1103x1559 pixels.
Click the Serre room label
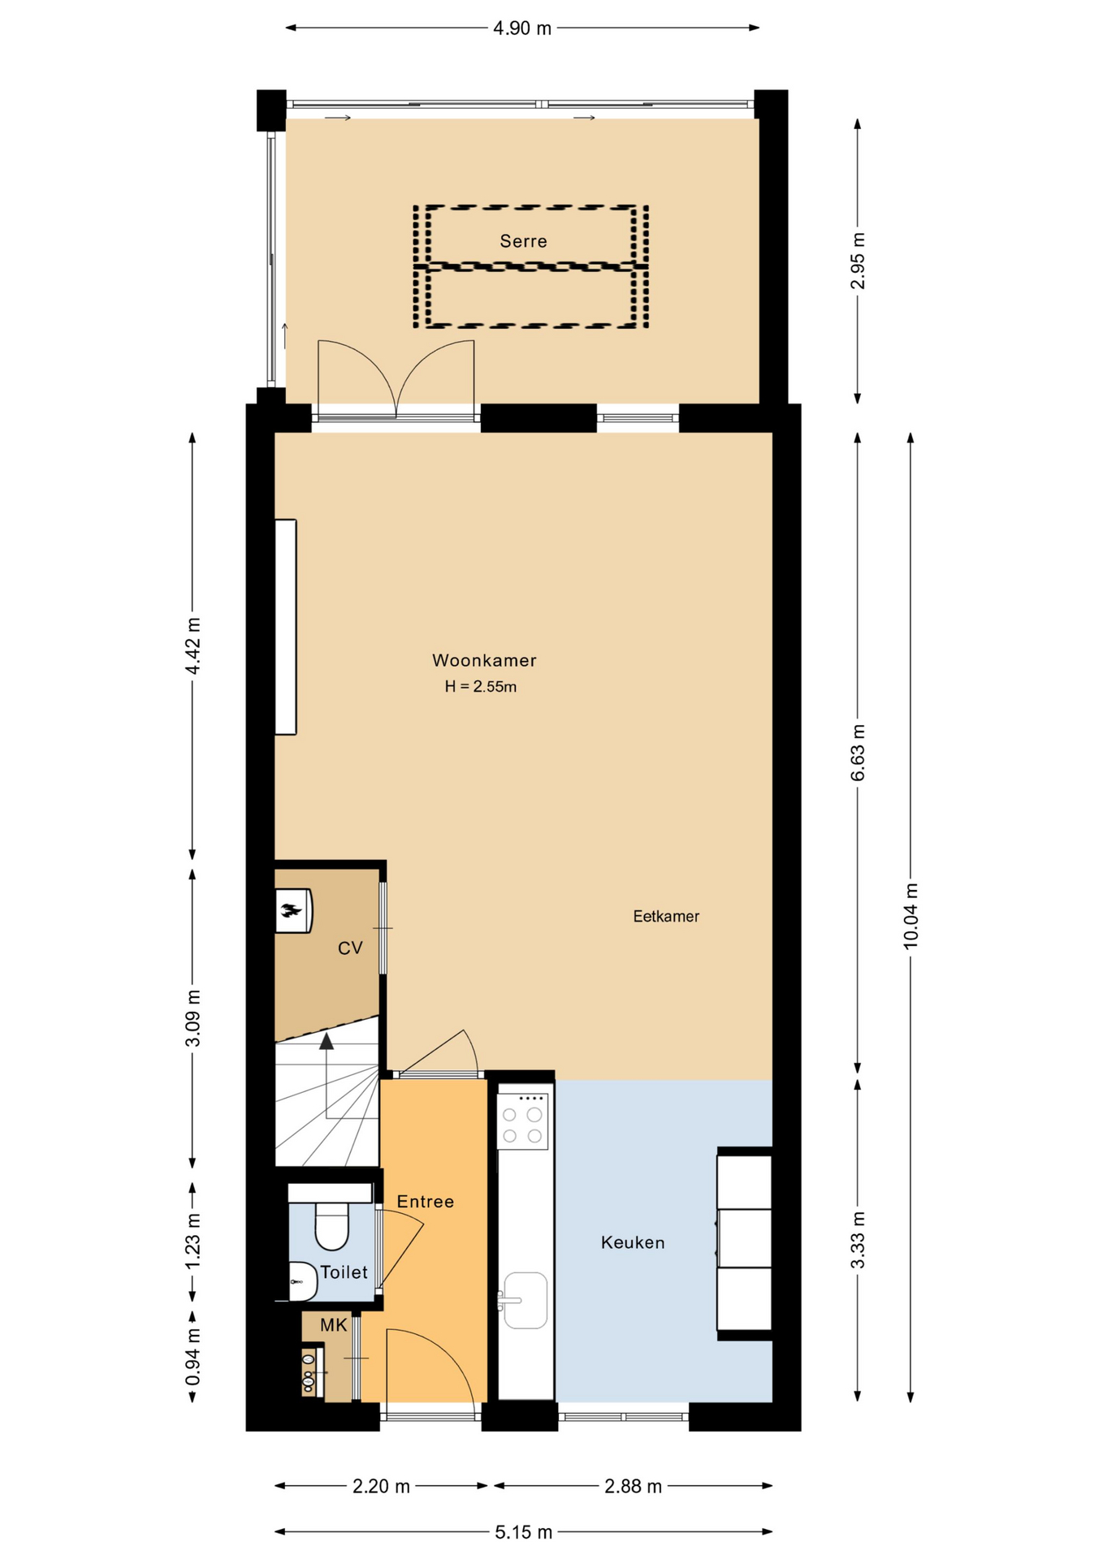click(523, 241)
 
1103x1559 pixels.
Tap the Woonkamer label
click(484, 660)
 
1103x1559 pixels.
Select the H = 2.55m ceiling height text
click(481, 687)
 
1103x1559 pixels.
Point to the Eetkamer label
click(666, 916)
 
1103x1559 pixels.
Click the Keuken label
click(633, 1242)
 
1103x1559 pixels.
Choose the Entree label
click(425, 1202)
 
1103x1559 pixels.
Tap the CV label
click(350, 948)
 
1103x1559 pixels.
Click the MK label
click(333, 1325)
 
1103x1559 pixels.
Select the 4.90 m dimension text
click(522, 28)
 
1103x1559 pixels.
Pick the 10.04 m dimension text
click(911, 915)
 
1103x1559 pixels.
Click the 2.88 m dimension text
click(633, 1486)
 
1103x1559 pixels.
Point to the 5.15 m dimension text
click(523, 1532)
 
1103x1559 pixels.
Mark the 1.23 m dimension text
click(192, 1242)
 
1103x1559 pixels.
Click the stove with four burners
click(522, 1121)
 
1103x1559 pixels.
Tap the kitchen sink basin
click(525, 1300)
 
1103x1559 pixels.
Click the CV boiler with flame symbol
click(293, 910)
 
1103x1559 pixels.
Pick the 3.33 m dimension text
click(858, 1240)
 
